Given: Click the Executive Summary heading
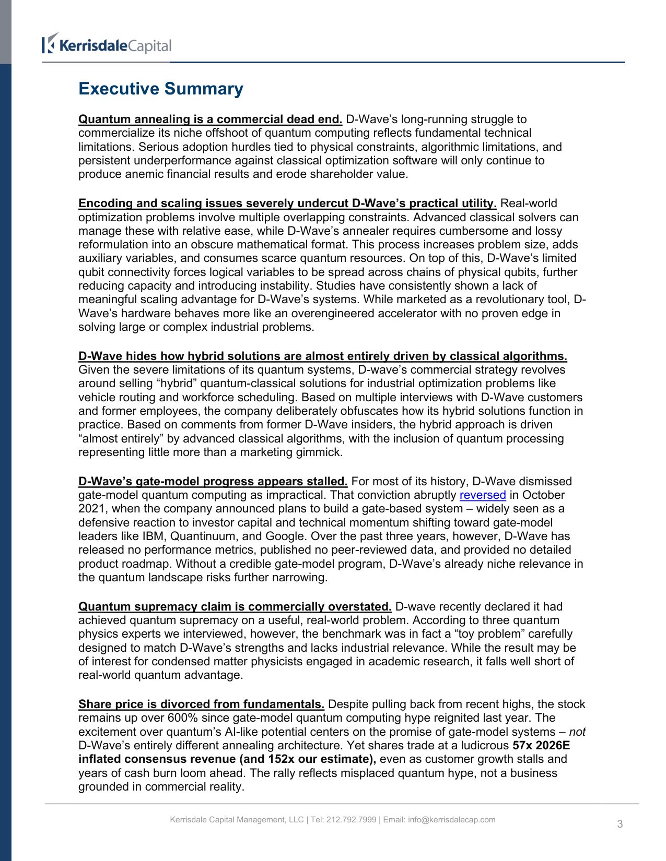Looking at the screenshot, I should pyautogui.click(x=160, y=89).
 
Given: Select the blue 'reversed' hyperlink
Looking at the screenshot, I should pyautogui.click(x=482, y=495).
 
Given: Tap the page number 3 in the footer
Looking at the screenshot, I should pyautogui.click(x=620, y=824).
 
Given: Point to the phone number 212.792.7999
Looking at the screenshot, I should pyautogui.click(x=351, y=820).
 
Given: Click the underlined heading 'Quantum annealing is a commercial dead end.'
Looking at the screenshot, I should pyautogui.click(x=210, y=119).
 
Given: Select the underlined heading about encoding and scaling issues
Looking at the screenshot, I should pyautogui.click(x=287, y=204).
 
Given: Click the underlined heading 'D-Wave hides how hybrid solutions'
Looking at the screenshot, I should pyautogui.click(x=322, y=356).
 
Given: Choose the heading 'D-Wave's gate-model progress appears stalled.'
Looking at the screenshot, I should pyautogui.click(x=213, y=482).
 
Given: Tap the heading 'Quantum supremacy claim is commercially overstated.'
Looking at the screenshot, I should pyautogui.click(x=235, y=607).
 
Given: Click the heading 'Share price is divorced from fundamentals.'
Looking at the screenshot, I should pyautogui.click(x=201, y=704).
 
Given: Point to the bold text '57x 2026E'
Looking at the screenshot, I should pyautogui.click(x=541, y=746).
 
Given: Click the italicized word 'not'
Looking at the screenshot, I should pyautogui.click(x=577, y=732).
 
